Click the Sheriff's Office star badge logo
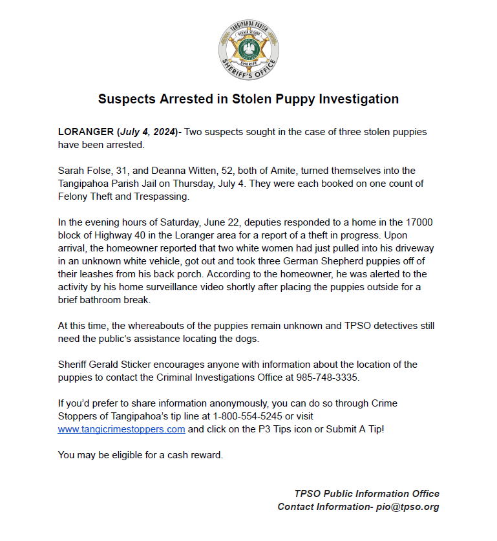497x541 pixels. [x=248, y=49]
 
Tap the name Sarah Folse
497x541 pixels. [x=83, y=171]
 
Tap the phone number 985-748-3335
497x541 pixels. [x=324, y=377]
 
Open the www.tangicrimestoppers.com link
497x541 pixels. [x=122, y=429]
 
